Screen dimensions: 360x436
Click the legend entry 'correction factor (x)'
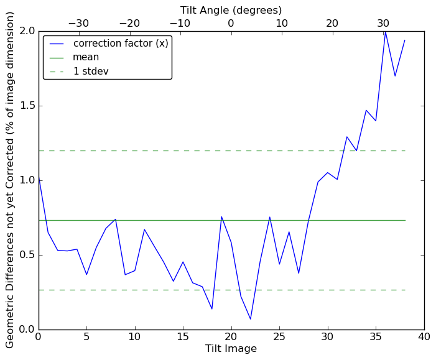[x=121, y=44]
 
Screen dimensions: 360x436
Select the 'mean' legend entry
[x=86, y=57]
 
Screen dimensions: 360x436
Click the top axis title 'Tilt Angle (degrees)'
[x=231, y=10]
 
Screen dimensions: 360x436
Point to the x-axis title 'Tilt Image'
[x=231, y=349]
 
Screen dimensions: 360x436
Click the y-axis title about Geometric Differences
[x=10, y=180]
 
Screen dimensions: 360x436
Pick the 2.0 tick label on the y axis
[x=26, y=31]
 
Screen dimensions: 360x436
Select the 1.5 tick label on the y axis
[x=26, y=106]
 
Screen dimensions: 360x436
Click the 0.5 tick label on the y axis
[x=26, y=255]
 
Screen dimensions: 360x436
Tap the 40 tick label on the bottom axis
[x=424, y=336]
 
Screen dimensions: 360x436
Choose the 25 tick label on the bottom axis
[x=279, y=336]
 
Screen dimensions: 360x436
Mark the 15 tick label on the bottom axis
[x=183, y=336]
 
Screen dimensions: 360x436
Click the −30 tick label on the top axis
[x=78, y=24]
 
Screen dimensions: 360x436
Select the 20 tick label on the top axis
[x=332, y=24]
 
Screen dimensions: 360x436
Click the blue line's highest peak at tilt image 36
[x=386, y=31]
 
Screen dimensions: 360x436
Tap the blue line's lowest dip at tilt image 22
[x=251, y=319]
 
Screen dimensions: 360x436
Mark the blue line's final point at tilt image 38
[x=405, y=40]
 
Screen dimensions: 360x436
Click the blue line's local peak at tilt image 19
[x=221, y=217]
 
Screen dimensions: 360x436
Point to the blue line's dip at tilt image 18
[x=212, y=309]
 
